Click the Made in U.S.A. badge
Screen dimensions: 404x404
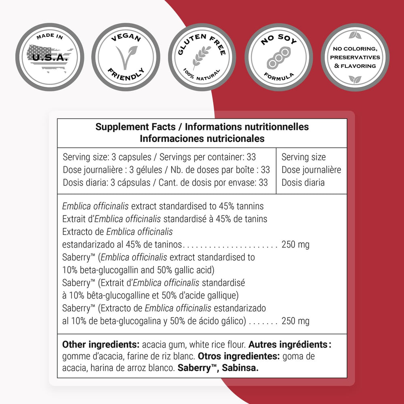click(x=50, y=57)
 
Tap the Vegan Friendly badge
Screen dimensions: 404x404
click(x=126, y=57)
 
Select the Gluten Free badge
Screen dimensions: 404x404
click(x=202, y=57)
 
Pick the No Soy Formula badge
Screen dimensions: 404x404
click(x=279, y=57)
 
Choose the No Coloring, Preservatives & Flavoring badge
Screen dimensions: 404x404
click(x=355, y=57)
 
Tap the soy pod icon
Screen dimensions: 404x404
click(x=279, y=58)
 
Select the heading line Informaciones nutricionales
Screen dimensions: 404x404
click(x=202, y=139)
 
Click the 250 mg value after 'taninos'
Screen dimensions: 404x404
click(x=295, y=245)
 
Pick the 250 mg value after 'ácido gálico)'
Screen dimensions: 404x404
click(x=295, y=321)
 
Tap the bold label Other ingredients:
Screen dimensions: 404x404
click(x=101, y=345)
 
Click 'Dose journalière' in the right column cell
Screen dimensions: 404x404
click(x=311, y=170)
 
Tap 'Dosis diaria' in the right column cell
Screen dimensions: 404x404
click(x=303, y=182)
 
